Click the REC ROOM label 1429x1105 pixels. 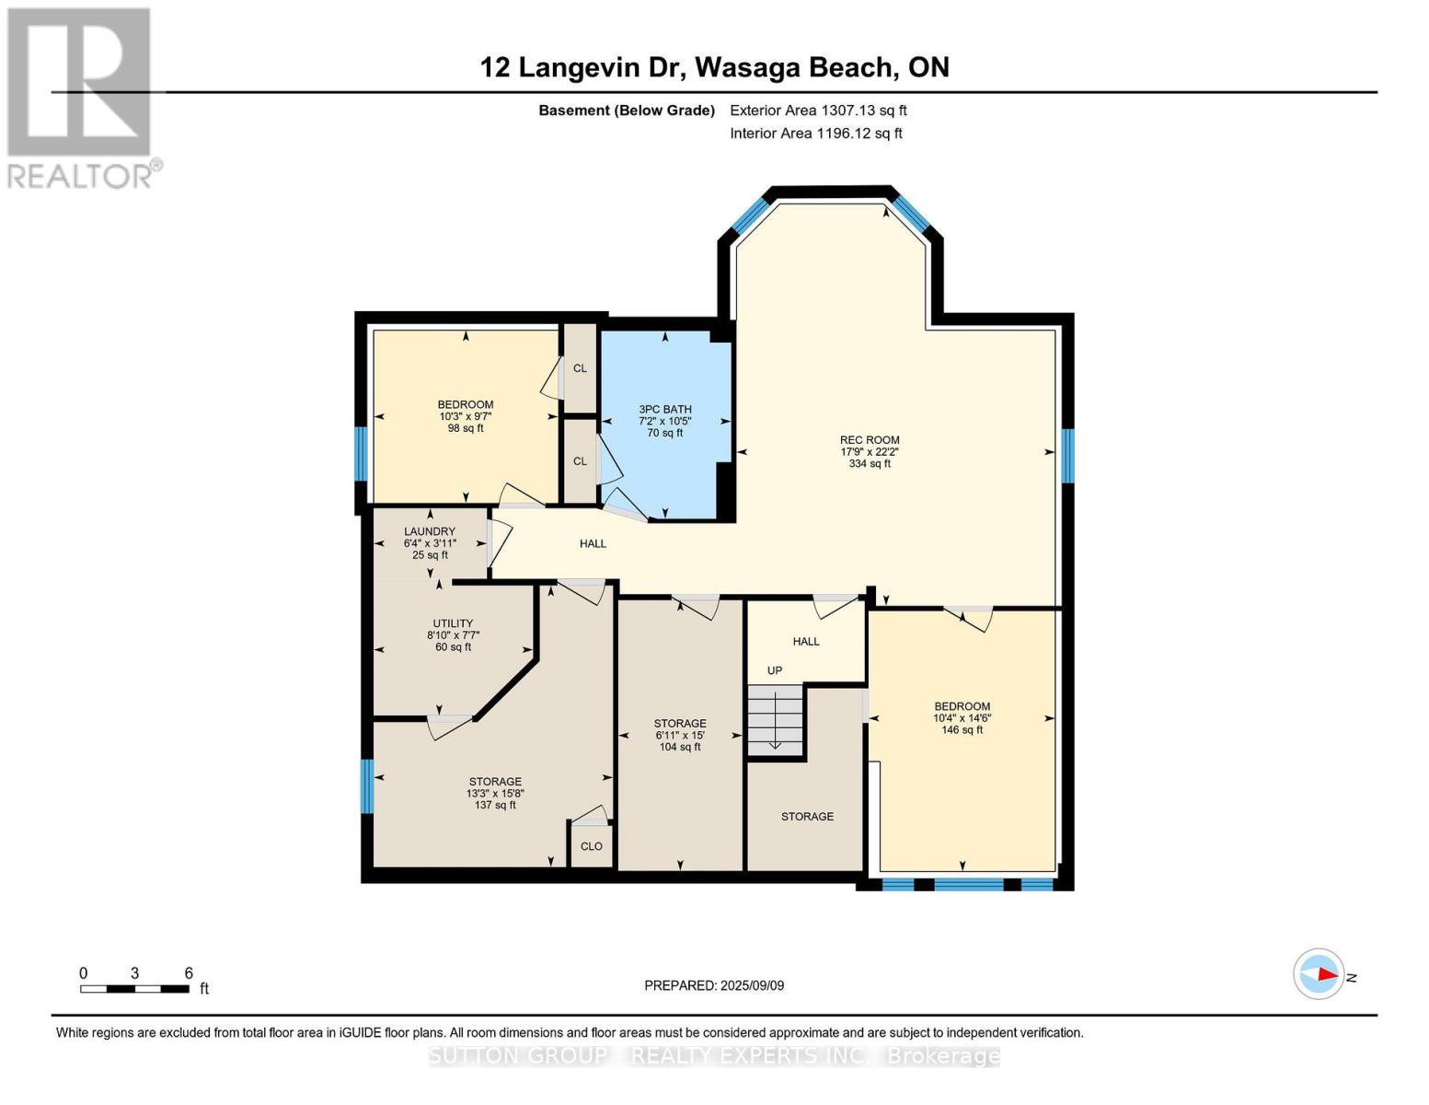coord(869,440)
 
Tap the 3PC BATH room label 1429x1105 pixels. coord(664,410)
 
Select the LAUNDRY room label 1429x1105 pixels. coord(429,531)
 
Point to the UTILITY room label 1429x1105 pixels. coord(453,623)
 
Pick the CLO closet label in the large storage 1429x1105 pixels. coord(591,846)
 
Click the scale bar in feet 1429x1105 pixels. coord(134,989)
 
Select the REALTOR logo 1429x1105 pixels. coord(80,97)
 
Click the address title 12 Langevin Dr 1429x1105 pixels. coord(714,67)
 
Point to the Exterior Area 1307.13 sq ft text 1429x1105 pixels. coord(818,110)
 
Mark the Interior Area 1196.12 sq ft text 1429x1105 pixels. coord(815,134)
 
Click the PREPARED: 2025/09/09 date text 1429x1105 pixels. coord(714,985)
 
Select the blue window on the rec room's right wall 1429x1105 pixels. coord(1067,456)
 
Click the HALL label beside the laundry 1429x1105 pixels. coord(593,544)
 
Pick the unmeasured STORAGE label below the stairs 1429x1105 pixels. coord(807,817)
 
